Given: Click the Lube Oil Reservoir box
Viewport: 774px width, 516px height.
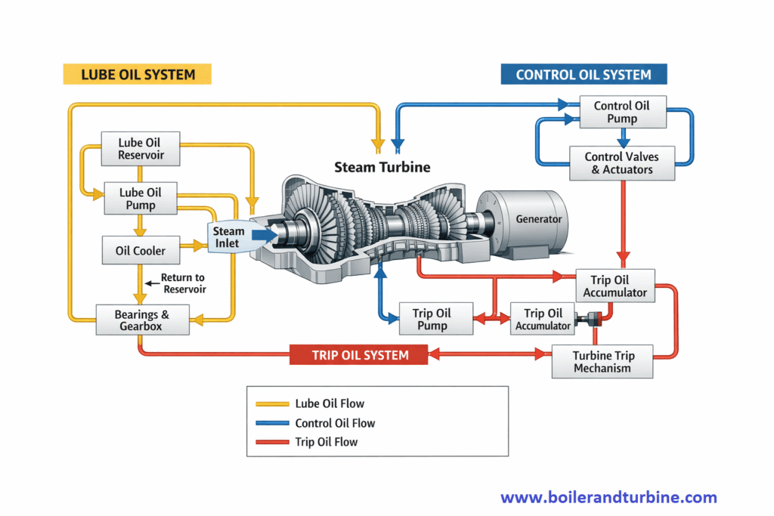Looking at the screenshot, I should (x=140, y=149).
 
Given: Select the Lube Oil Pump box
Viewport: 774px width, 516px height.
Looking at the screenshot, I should (x=137, y=199).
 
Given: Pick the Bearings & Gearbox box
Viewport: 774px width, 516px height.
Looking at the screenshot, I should (x=141, y=320).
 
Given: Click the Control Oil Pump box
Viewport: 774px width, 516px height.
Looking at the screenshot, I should (x=621, y=112).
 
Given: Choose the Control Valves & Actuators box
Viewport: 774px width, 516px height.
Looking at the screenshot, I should (x=621, y=163).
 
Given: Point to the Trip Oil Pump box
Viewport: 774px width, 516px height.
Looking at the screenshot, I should (x=431, y=320).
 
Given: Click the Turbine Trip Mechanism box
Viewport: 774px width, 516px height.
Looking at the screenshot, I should (x=602, y=362).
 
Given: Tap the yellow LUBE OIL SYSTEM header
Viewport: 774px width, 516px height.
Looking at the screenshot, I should (x=137, y=74).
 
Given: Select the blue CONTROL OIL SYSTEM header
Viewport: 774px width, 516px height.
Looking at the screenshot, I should (x=584, y=74).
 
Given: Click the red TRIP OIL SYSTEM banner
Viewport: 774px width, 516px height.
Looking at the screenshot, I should (x=359, y=355).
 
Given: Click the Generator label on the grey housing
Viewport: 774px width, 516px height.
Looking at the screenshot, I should (x=538, y=219).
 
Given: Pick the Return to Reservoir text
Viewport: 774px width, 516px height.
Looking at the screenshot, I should (x=183, y=283).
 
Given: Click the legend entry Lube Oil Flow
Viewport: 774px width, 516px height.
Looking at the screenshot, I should (x=330, y=404).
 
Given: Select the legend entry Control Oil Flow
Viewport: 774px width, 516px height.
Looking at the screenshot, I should (x=335, y=423).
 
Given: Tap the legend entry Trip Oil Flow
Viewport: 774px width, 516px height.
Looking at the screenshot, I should (x=327, y=442).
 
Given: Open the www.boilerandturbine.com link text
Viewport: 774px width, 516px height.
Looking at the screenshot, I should (x=608, y=497).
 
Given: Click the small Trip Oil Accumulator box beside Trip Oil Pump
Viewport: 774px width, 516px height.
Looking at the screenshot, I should (x=543, y=320).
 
